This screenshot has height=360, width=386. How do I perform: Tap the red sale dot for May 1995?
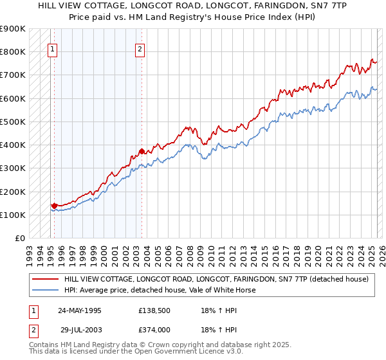55,206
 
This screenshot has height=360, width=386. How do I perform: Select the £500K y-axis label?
13,122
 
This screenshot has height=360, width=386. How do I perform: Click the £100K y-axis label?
13,215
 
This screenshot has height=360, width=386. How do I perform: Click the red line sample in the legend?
45,279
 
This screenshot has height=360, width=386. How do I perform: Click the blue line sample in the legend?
45,290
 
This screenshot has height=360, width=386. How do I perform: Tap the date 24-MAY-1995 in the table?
80,310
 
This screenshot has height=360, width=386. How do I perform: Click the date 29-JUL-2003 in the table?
81,330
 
